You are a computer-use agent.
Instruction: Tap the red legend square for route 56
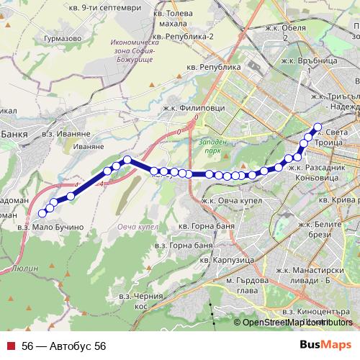(x=10, y=346)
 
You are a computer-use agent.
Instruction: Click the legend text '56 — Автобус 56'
(x=63, y=346)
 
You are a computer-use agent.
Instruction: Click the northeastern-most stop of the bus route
(x=318, y=126)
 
